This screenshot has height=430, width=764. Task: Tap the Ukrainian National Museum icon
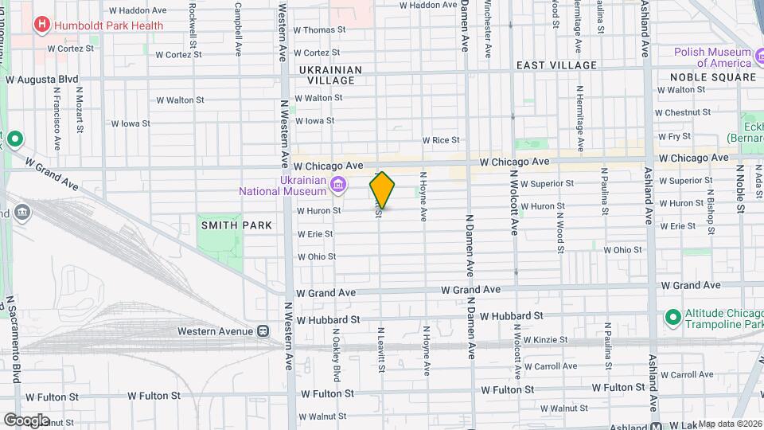(x=338, y=185)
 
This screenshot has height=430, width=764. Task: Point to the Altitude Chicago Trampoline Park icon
(x=672, y=318)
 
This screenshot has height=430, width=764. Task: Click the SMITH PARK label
(x=237, y=225)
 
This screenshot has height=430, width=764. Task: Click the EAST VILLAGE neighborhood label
(x=556, y=65)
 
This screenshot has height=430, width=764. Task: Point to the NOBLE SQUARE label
(x=712, y=77)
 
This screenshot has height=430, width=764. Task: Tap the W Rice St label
(x=441, y=140)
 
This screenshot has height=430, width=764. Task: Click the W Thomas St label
(x=320, y=29)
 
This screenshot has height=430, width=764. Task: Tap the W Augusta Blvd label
(x=41, y=80)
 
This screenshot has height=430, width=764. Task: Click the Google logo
(x=26, y=420)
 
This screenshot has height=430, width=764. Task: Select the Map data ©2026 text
(x=730, y=424)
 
